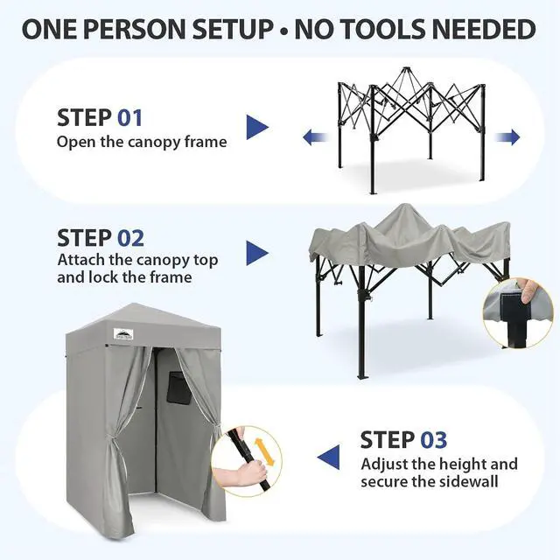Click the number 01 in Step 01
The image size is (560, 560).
(x=130, y=118)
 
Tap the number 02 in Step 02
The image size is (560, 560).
(x=130, y=238)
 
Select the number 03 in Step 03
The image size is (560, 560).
(x=434, y=439)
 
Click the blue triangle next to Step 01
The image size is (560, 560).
(x=257, y=127)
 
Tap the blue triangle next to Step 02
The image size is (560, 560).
(x=257, y=253)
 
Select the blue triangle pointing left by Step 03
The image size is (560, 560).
(x=329, y=458)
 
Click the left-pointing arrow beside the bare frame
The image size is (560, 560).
(x=316, y=137)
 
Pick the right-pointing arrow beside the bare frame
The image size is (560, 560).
(x=507, y=137)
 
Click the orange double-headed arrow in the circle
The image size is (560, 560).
(x=264, y=452)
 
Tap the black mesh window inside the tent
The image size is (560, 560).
(x=178, y=388)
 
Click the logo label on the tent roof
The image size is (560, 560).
(x=123, y=334)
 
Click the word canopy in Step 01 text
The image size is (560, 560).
(x=154, y=143)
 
